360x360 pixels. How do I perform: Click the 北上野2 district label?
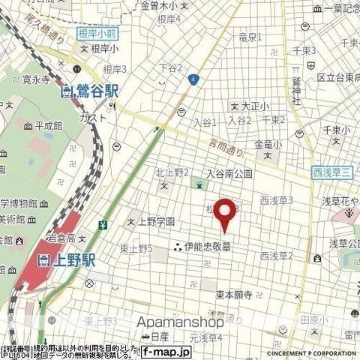pyautogui.click(x=172, y=173)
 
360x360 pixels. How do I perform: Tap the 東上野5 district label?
pyautogui.click(x=136, y=249)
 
